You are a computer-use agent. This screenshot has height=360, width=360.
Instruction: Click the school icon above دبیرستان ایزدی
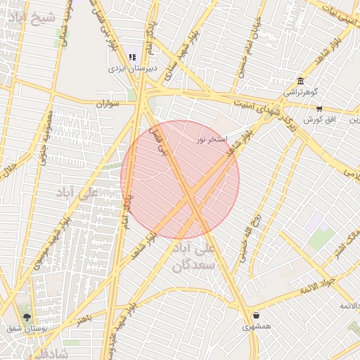point(132,58)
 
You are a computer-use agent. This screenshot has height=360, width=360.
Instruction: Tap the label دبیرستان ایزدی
point(132,69)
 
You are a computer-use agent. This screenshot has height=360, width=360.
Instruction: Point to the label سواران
point(109,103)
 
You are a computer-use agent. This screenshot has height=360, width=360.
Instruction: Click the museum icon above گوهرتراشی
point(301,81)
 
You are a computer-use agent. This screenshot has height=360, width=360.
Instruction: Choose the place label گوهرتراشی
point(301,92)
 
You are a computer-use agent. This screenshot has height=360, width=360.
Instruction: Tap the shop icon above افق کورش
point(319,109)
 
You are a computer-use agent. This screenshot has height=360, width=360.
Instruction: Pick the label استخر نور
point(211,139)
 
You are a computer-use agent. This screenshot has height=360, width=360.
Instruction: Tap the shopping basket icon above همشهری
point(255,316)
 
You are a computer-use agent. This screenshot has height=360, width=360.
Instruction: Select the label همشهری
point(256,327)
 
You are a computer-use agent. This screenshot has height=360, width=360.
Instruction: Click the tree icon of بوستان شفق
point(27,317)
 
